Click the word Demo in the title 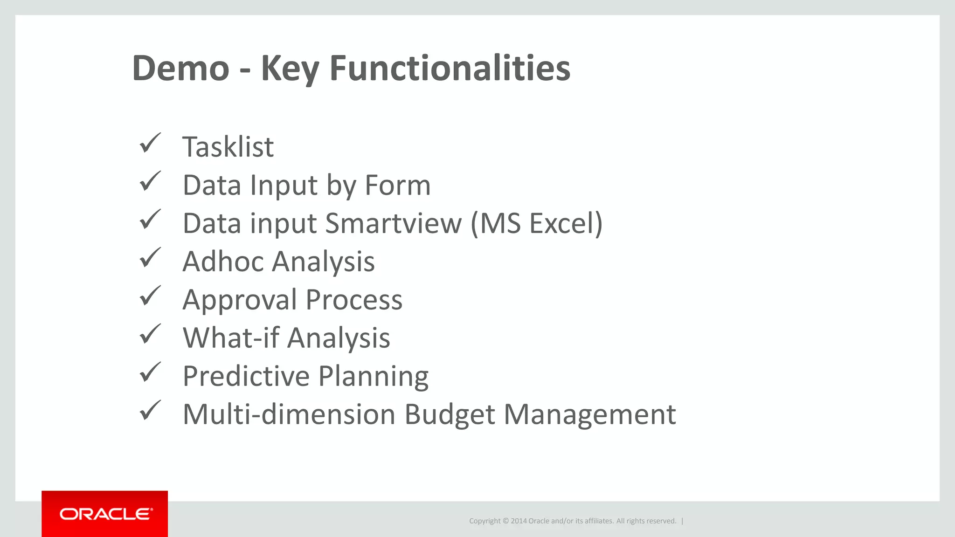[x=180, y=69]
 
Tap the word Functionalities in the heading [x=450, y=69]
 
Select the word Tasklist [x=228, y=147]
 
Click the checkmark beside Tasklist [x=150, y=143]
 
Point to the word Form [x=397, y=186]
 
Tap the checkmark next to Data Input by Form [x=150, y=181]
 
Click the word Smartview [x=393, y=224]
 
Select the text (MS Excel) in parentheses [x=537, y=224]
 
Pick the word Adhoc [x=223, y=262]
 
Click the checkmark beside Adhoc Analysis [x=150, y=258]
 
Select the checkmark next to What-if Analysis [x=150, y=334]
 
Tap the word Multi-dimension [x=289, y=414]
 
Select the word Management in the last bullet [x=589, y=414]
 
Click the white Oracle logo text [x=106, y=514]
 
